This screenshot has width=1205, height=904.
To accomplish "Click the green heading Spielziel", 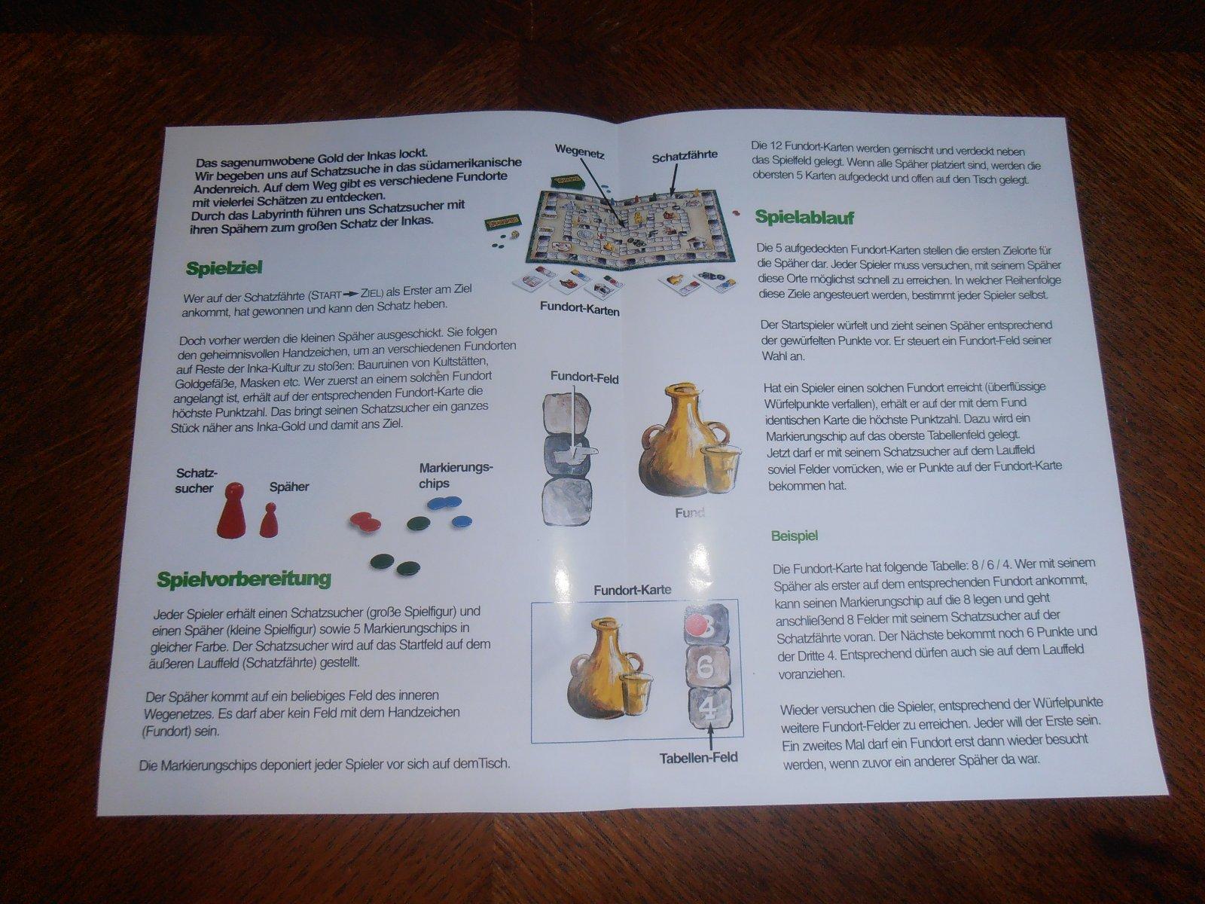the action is [224, 268].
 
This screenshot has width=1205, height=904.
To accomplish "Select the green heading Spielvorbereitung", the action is [244, 579].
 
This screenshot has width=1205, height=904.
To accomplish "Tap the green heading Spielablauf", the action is [805, 218].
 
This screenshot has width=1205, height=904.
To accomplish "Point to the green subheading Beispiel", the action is [795, 536].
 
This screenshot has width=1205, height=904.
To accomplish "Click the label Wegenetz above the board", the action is [580, 151].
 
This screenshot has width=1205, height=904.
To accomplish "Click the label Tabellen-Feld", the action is [699, 758].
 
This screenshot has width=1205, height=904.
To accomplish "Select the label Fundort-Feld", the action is [584, 378].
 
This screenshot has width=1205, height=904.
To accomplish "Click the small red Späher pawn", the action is [268, 521].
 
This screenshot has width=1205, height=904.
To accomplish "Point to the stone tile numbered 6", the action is [708, 667].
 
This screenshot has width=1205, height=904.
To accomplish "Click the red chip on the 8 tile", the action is [697, 625].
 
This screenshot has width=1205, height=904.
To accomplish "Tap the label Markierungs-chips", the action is [456, 475].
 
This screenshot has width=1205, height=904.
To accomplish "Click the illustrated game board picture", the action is [625, 231].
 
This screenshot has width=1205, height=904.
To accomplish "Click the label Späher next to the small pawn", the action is [288, 487].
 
